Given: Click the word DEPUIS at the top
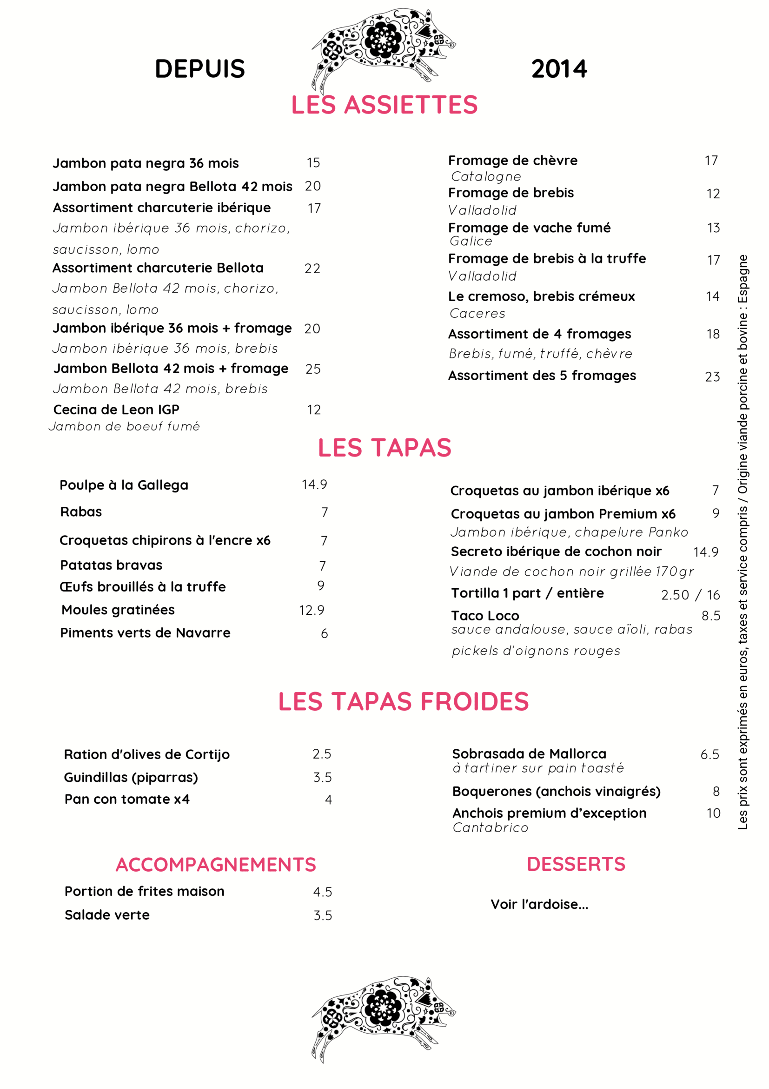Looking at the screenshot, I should (199, 69).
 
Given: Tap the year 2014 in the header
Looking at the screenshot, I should (559, 69).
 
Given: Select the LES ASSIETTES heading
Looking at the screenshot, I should (384, 105).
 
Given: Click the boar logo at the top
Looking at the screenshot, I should (383, 47).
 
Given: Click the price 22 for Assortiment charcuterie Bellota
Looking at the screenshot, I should (312, 269).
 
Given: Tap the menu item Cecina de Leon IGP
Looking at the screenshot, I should (116, 410).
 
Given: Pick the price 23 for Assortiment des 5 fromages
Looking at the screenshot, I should (712, 376).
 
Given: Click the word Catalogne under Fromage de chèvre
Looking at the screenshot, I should (486, 176).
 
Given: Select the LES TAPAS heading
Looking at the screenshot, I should (384, 447).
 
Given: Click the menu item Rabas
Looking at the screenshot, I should (81, 512).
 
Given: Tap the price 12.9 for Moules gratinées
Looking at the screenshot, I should (312, 610).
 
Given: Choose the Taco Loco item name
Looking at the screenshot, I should (485, 616).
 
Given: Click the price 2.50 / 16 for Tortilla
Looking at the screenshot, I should (690, 595).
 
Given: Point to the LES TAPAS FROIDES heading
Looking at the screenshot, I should (403, 701).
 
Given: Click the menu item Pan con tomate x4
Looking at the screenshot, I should (127, 799).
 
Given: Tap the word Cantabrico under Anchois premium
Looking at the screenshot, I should (490, 827).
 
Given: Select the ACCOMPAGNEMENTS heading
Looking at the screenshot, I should (216, 865).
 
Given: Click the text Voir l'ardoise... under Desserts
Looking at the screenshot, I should (539, 905).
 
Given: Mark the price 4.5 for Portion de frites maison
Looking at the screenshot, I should (322, 892).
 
